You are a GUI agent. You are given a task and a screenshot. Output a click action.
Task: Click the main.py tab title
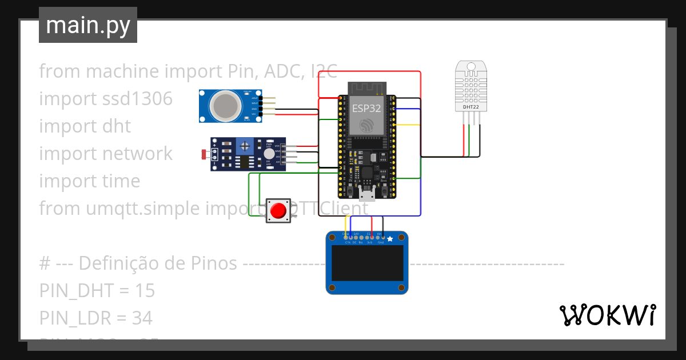pyautogui.click(x=87, y=25)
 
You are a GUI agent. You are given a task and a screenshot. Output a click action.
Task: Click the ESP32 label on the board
pyautogui.click(x=366, y=108)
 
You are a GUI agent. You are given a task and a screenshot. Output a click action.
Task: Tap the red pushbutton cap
pyautogui.click(x=278, y=211)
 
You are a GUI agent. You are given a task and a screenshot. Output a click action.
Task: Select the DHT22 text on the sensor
pyautogui.click(x=471, y=107)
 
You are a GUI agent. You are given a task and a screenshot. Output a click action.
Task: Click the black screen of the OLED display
pyautogui.click(x=366, y=267)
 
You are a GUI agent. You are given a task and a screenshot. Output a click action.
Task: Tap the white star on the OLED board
pyautogui.click(x=390, y=239)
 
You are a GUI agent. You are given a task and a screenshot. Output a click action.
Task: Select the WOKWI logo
pyautogui.click(x=607, y=315)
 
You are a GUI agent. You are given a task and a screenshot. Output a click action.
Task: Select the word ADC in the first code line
pyautogui.click(x=277, y=71)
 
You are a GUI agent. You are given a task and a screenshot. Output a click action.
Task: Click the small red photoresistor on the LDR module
pyautogui.click(x=205, y=154)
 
